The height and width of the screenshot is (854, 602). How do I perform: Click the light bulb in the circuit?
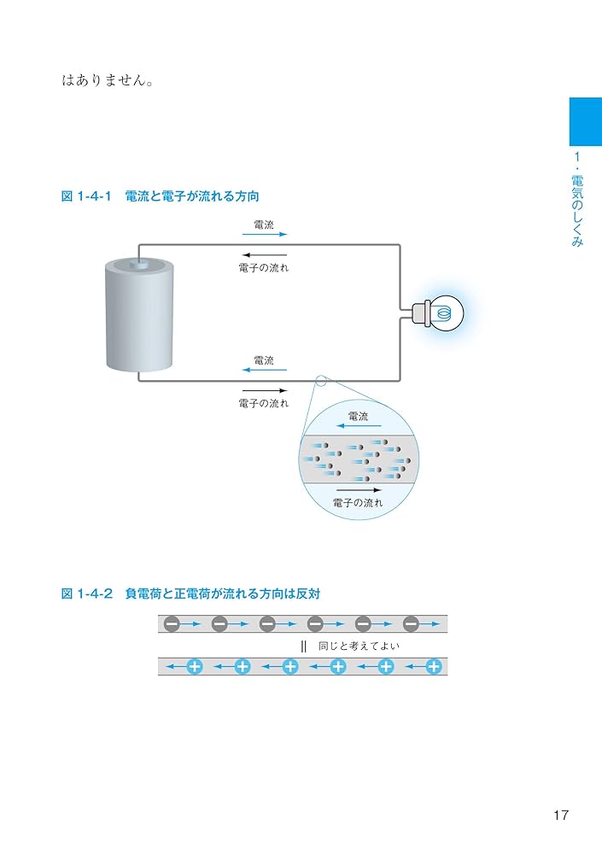tap(443, 313)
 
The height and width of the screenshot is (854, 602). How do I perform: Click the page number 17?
tap(560, 816)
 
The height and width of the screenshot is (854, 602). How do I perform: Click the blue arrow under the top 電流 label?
tap(265, 234)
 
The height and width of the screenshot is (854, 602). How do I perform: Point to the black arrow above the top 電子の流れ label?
tap(264, 255)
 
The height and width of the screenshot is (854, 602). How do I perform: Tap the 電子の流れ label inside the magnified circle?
tap(358, 504)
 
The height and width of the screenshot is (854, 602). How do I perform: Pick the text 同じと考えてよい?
tap(359, 646)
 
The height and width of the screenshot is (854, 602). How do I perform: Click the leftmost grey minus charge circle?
tap(172, 624)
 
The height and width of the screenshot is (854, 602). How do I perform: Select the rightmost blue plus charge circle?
tap(434, 666)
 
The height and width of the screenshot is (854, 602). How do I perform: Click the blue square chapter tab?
tap(585, 121)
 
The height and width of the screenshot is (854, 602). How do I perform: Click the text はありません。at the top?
tap(108, 81)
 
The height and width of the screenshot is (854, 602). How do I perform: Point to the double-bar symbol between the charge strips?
tap(303, 646)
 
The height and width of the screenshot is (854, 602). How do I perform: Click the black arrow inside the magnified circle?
tap(359, 490)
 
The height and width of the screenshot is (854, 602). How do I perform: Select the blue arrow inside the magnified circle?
tap(352, 425)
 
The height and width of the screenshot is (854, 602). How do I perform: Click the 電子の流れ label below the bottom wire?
tap(264, 403)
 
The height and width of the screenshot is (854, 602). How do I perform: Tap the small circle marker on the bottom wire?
tap(320, 381)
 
